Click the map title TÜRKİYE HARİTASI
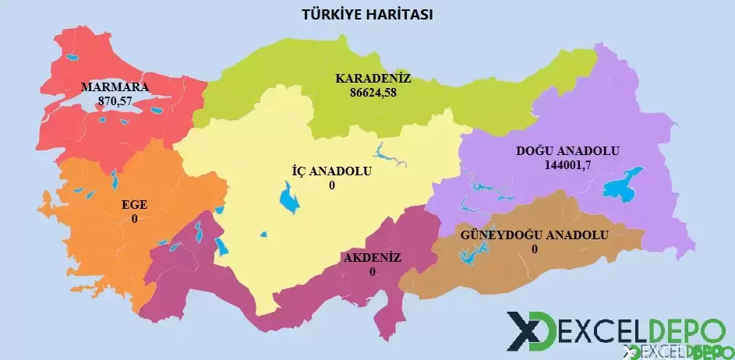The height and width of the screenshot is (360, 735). click(x=366, y=15)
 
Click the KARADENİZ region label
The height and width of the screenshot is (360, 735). click(x=373, y=79)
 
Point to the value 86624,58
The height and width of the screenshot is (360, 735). click(x=373, y=92)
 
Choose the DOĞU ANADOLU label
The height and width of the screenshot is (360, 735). click(x=567, y=151)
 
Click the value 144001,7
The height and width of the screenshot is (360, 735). click(x=568, y=164)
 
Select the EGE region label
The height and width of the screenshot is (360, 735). click(x=134, y=206)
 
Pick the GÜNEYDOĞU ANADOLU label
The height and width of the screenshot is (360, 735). click(x=534, y=235)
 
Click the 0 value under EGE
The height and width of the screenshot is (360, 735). click(x=134, y=219)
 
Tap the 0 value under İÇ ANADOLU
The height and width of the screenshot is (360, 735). click(x=331, y=185)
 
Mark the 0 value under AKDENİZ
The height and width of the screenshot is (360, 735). click(x=372, y=272)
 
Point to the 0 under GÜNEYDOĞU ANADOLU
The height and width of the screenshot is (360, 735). click(x=534, y=249)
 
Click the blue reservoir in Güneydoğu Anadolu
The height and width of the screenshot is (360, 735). click(x=472, y=254)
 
